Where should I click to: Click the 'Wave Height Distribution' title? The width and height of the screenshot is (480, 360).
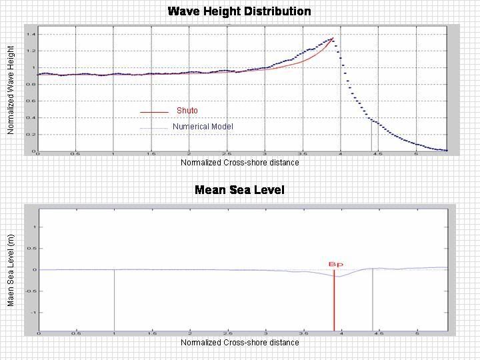(x=239, y=11)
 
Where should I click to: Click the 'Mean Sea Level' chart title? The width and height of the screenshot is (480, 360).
(x=239, y=190)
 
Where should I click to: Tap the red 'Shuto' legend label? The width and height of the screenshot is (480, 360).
(x=187, y=111)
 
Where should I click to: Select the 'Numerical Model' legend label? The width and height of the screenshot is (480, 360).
(x=203, y=127)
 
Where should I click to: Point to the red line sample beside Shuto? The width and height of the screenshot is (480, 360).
(x=154, y=112)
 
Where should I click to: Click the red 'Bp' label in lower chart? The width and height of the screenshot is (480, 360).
(x=335, y=264)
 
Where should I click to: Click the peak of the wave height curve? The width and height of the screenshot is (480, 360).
(x=332, y=39)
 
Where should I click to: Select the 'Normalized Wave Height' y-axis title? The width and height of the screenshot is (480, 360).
(x=11, y=90)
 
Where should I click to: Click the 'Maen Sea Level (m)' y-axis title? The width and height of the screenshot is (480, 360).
(x=11, y=270)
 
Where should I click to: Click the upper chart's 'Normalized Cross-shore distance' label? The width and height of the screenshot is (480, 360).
(x=239, y=163)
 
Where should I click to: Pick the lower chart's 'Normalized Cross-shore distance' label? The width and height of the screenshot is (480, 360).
(x=239, y=342)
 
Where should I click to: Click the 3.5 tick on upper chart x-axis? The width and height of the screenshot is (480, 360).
(x=303, y=154)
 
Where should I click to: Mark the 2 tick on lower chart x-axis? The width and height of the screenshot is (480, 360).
(x=189, y=333)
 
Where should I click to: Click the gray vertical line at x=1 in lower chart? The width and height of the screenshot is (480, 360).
(x=114, y=300)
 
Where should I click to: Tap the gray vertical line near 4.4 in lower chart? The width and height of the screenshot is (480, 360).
(x=371, y=300)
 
